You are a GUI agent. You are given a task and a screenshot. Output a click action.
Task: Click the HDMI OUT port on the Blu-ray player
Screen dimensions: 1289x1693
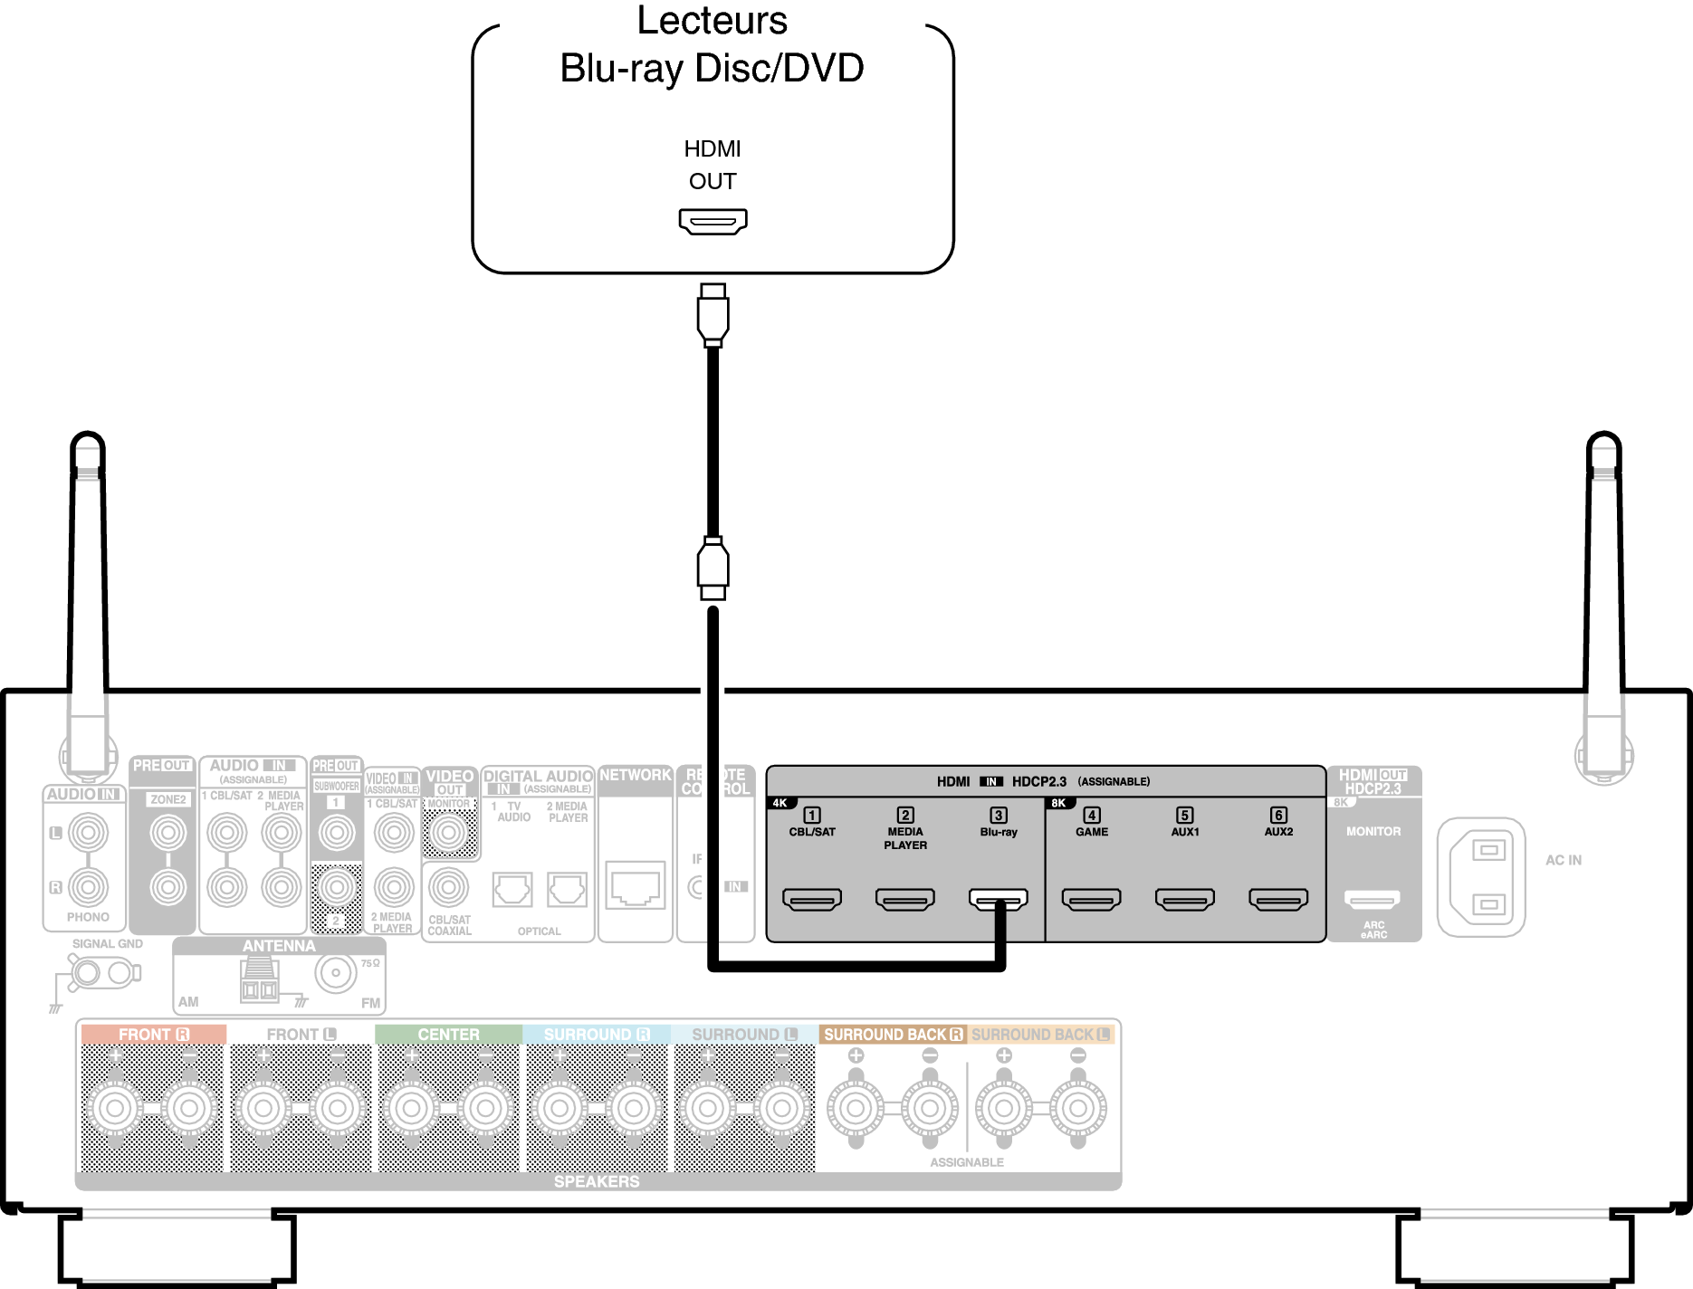[x=713, y=221]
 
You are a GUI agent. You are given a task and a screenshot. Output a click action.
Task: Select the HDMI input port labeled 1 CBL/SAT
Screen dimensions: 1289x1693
[x=812, y=899]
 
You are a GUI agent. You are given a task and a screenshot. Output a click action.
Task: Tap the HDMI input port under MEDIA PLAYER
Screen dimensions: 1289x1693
[x=905, y=899]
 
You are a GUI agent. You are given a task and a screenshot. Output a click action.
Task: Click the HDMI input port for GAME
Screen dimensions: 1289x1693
[x=1091, y=899]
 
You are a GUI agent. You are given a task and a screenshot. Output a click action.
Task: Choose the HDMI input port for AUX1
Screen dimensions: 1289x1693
[x=1184, y=899]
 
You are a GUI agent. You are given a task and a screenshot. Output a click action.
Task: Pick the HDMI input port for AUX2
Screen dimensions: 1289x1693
[x=1278, y=899]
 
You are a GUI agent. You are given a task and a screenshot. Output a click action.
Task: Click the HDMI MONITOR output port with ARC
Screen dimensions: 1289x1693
[x=1373, y=899]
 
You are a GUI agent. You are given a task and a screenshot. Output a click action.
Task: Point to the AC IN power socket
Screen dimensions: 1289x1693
[x=1481, y=877]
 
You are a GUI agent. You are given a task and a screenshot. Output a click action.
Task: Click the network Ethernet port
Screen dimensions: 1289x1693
[x=635, y=884]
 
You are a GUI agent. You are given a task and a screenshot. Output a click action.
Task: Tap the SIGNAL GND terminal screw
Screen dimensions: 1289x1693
[x=88, y=973]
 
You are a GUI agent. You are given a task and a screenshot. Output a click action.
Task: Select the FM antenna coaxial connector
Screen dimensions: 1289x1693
[x=336, y=974]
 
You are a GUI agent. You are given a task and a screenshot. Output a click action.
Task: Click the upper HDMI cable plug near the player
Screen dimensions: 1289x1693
[x=713, y=314]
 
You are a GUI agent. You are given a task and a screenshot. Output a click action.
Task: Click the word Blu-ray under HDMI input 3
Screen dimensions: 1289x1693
[x=999, y=832]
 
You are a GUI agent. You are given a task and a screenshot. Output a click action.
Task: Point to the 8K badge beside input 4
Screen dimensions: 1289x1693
[x=1057, y=803]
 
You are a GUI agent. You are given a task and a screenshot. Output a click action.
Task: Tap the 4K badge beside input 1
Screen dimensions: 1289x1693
[x=780, y=803]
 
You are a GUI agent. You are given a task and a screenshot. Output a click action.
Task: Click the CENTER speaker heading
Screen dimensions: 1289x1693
[x=448, y=1034]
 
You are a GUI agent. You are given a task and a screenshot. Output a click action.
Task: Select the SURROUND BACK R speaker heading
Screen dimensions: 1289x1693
[x=893, y=1034]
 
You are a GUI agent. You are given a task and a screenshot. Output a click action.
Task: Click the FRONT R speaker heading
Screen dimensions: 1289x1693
[x=153, y=1034]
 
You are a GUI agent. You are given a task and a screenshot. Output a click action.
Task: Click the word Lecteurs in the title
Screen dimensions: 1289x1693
[x=713, y=21]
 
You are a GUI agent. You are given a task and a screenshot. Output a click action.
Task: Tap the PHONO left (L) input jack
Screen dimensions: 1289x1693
[x=88, y=833]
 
